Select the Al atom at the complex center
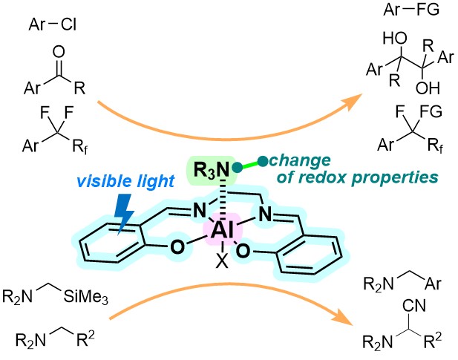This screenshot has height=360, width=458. (x=222, y=232)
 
